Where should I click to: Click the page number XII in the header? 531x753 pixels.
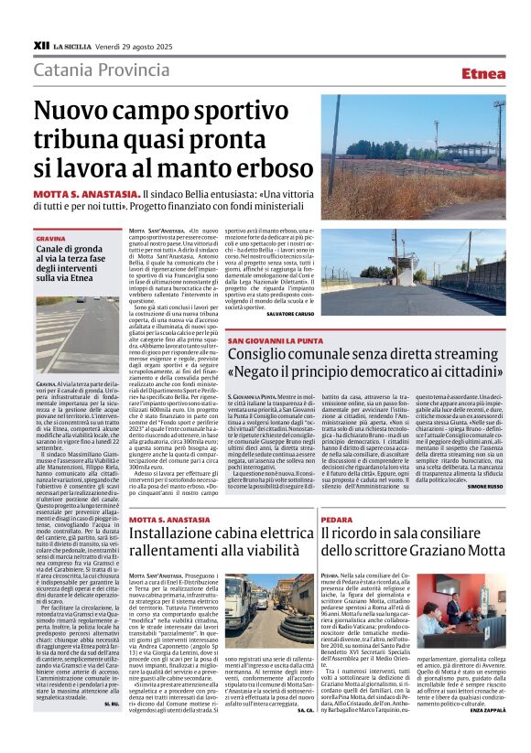pos(40,44)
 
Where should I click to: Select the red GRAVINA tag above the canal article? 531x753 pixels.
pos(51,238)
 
